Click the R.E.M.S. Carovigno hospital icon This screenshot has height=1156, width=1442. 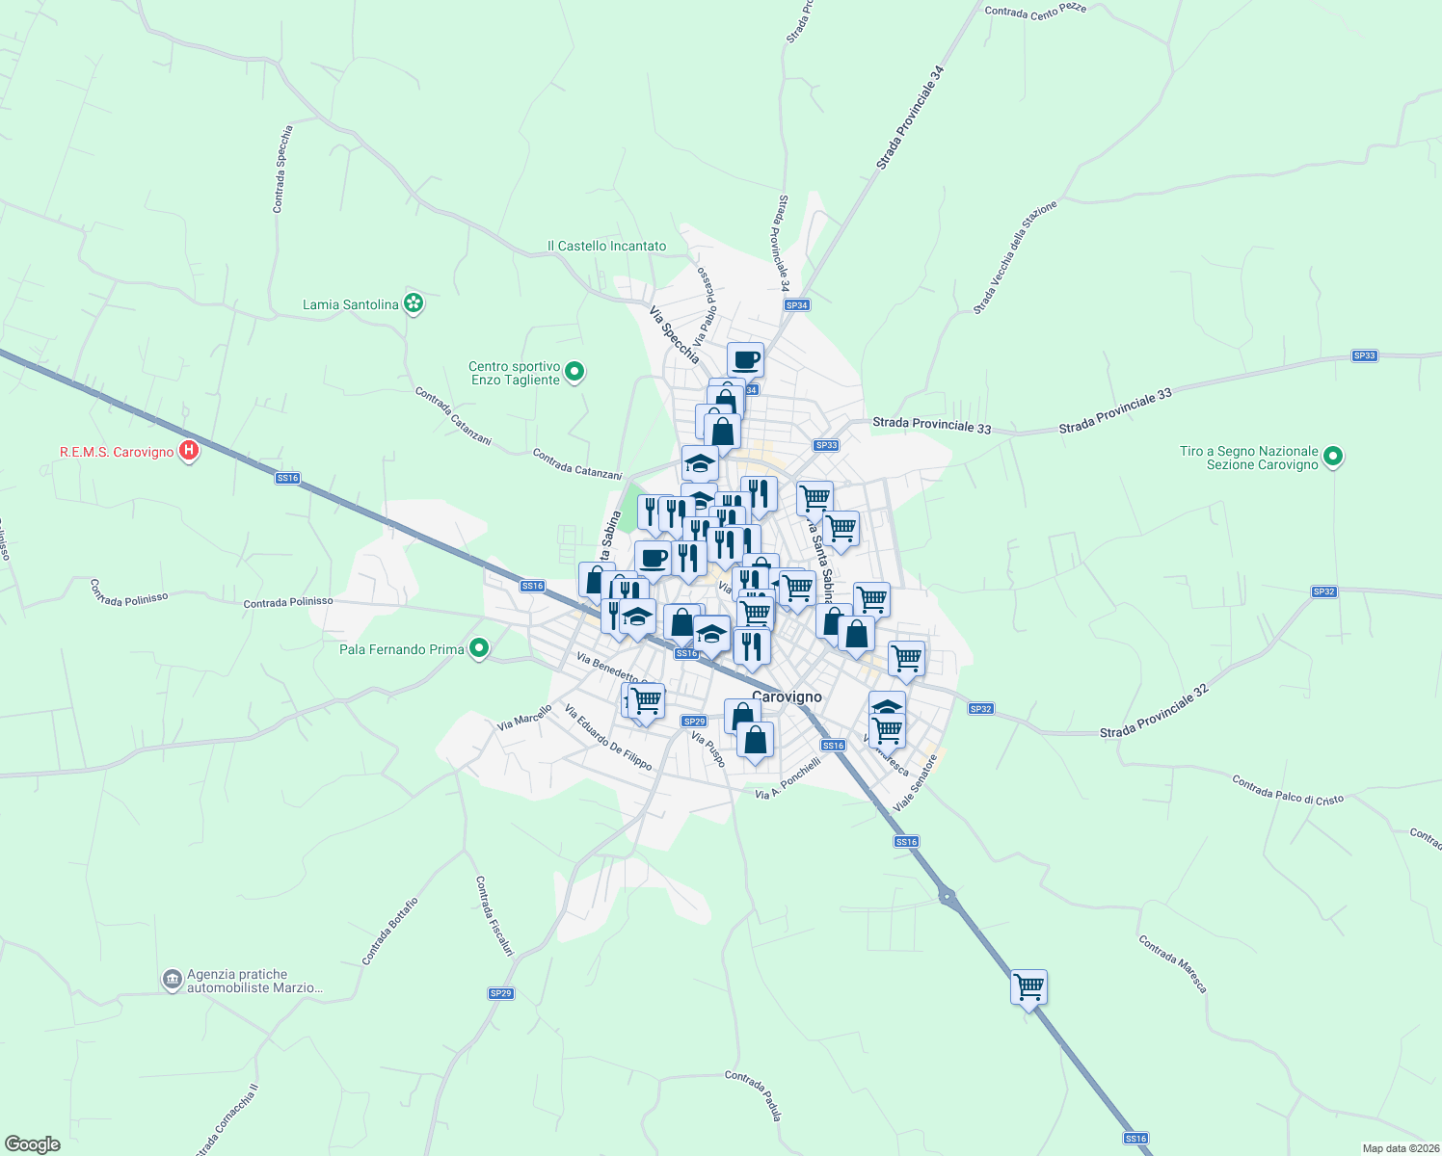pos(189,450)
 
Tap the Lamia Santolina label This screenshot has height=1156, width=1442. pos(350,304)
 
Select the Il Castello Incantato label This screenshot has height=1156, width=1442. pos(606,246)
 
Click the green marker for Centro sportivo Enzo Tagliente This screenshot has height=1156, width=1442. pos(574,371)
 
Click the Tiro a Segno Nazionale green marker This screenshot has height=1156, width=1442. pos(1333,456)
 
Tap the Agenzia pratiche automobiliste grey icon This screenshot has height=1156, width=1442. pos(172,980)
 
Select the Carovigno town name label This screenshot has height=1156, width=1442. pos(787,696)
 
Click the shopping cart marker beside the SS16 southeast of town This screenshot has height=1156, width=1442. pos(1028,985)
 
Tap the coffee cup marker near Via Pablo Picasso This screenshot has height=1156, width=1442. pos(745,359)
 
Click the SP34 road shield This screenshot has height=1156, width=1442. pos(796,305)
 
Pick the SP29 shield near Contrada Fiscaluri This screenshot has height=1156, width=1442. pos(500,993)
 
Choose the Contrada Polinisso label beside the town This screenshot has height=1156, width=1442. pos(288,602)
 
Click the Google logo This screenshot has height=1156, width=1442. pos(32,1144)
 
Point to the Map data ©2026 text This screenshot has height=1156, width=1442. pos(1400,1148)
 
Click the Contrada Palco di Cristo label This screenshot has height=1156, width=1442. pos(1287,789)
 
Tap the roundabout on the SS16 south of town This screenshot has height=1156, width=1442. pos(948,898)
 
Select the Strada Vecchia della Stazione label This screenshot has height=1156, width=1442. pos(1015,257)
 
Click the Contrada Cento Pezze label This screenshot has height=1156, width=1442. pos(1035,11)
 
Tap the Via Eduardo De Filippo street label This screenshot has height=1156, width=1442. pos(608,738)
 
